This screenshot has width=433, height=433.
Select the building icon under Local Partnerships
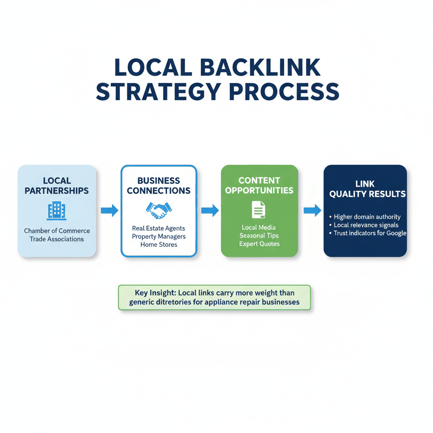[x=56, y=211]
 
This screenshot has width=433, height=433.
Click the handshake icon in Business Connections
[x=159, y=209]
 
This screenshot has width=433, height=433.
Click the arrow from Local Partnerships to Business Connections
[x=109, y=210]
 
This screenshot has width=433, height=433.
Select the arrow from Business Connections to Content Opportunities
[x=210, y=210]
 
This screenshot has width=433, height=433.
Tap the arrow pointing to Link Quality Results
[x=312, y=210]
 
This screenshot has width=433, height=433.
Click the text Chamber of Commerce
[x=57, y=231]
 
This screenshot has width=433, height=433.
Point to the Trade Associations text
[x=57, y=239]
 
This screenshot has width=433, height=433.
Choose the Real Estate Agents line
[x=159, y=228]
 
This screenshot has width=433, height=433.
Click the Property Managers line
[x=159, y=236]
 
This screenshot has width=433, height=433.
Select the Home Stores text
[x=159, y=244]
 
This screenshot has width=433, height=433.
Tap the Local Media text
[x=259, y=227]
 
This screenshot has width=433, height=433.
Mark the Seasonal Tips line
[x=259, y=236]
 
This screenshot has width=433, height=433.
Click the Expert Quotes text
[x=259, y=244]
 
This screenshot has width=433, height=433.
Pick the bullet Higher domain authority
[x=367, y=217]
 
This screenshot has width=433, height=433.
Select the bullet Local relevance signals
[x=366, y=225]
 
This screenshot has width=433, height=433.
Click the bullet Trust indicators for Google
[x=369, y=233]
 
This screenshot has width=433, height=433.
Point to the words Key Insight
[x=155, y=293]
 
